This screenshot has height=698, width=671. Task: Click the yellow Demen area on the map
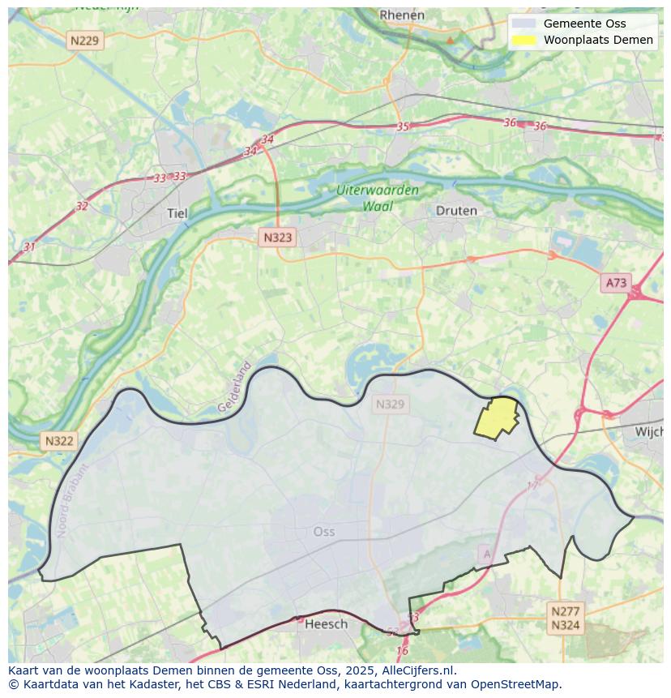click(498, 418)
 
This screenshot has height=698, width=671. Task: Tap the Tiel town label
click(177, 214)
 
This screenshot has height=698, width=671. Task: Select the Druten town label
click(456, 211)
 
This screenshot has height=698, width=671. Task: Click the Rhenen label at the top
click(402, 15)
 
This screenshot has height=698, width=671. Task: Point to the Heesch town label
click(327, 623)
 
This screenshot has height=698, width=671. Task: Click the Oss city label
click(323, 532)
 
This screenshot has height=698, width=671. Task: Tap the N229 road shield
click(86, 41)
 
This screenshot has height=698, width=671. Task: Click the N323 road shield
click(277, 238)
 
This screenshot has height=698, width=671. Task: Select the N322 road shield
click(58, 441)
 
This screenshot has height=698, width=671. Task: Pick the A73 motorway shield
click(616, 283)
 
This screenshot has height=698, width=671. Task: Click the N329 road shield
click(390, 404)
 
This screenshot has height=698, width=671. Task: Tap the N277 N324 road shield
click(565, 618)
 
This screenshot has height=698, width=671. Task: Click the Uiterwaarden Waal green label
click(378, 198)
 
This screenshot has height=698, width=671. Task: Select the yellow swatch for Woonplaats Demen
click(524, 40)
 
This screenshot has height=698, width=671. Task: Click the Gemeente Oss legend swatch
click(524, 24)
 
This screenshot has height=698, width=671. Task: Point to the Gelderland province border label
click(234, 388)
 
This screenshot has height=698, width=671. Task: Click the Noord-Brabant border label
click(72, 501)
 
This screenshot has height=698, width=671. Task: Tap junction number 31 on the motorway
click(30, 246)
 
